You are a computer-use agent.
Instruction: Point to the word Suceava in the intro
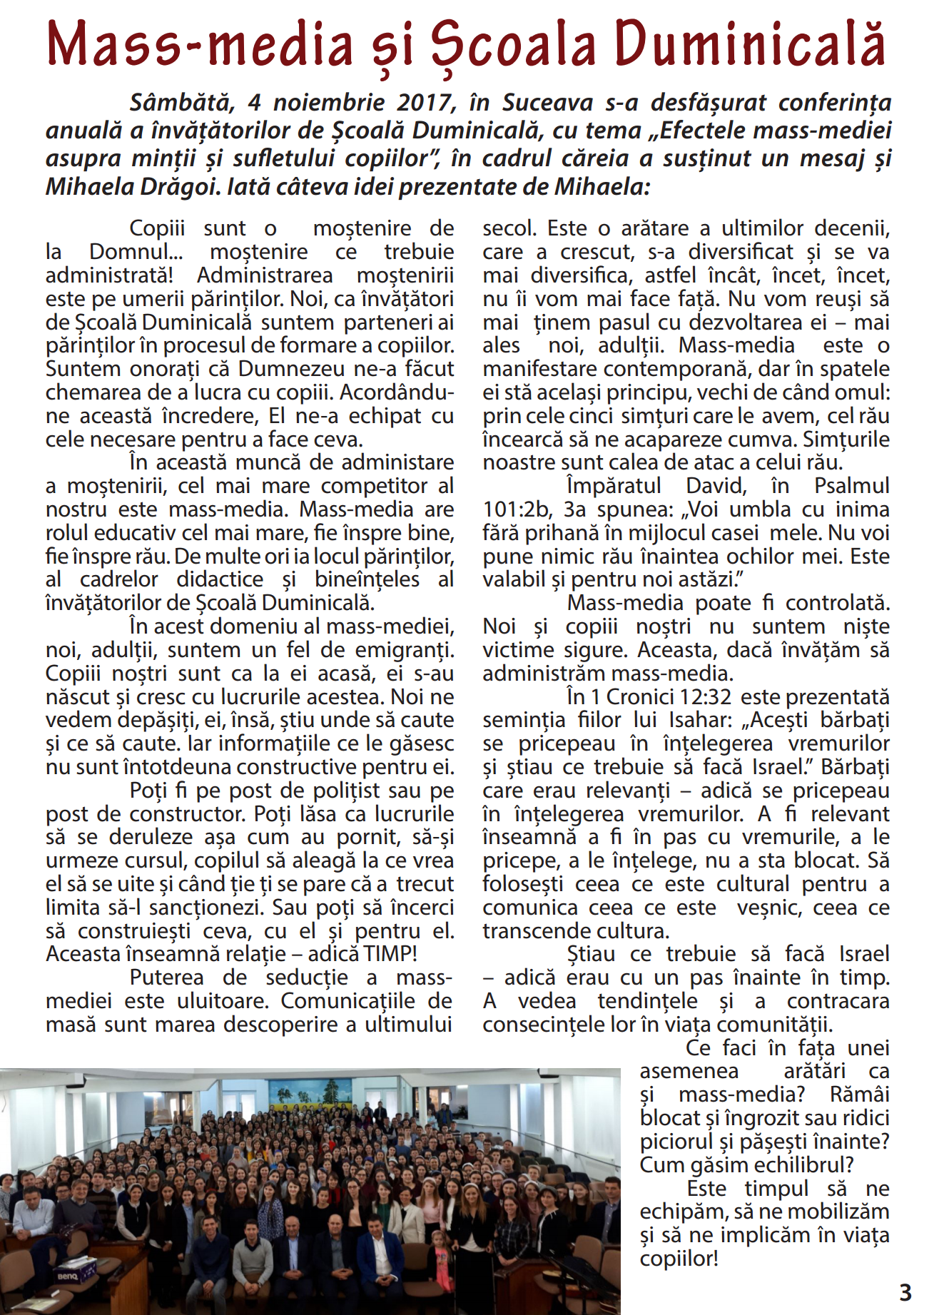pyautogui.click(x=547, y=103)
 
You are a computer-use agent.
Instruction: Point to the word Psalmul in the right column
pyautogui.click(x=852, y=486)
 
